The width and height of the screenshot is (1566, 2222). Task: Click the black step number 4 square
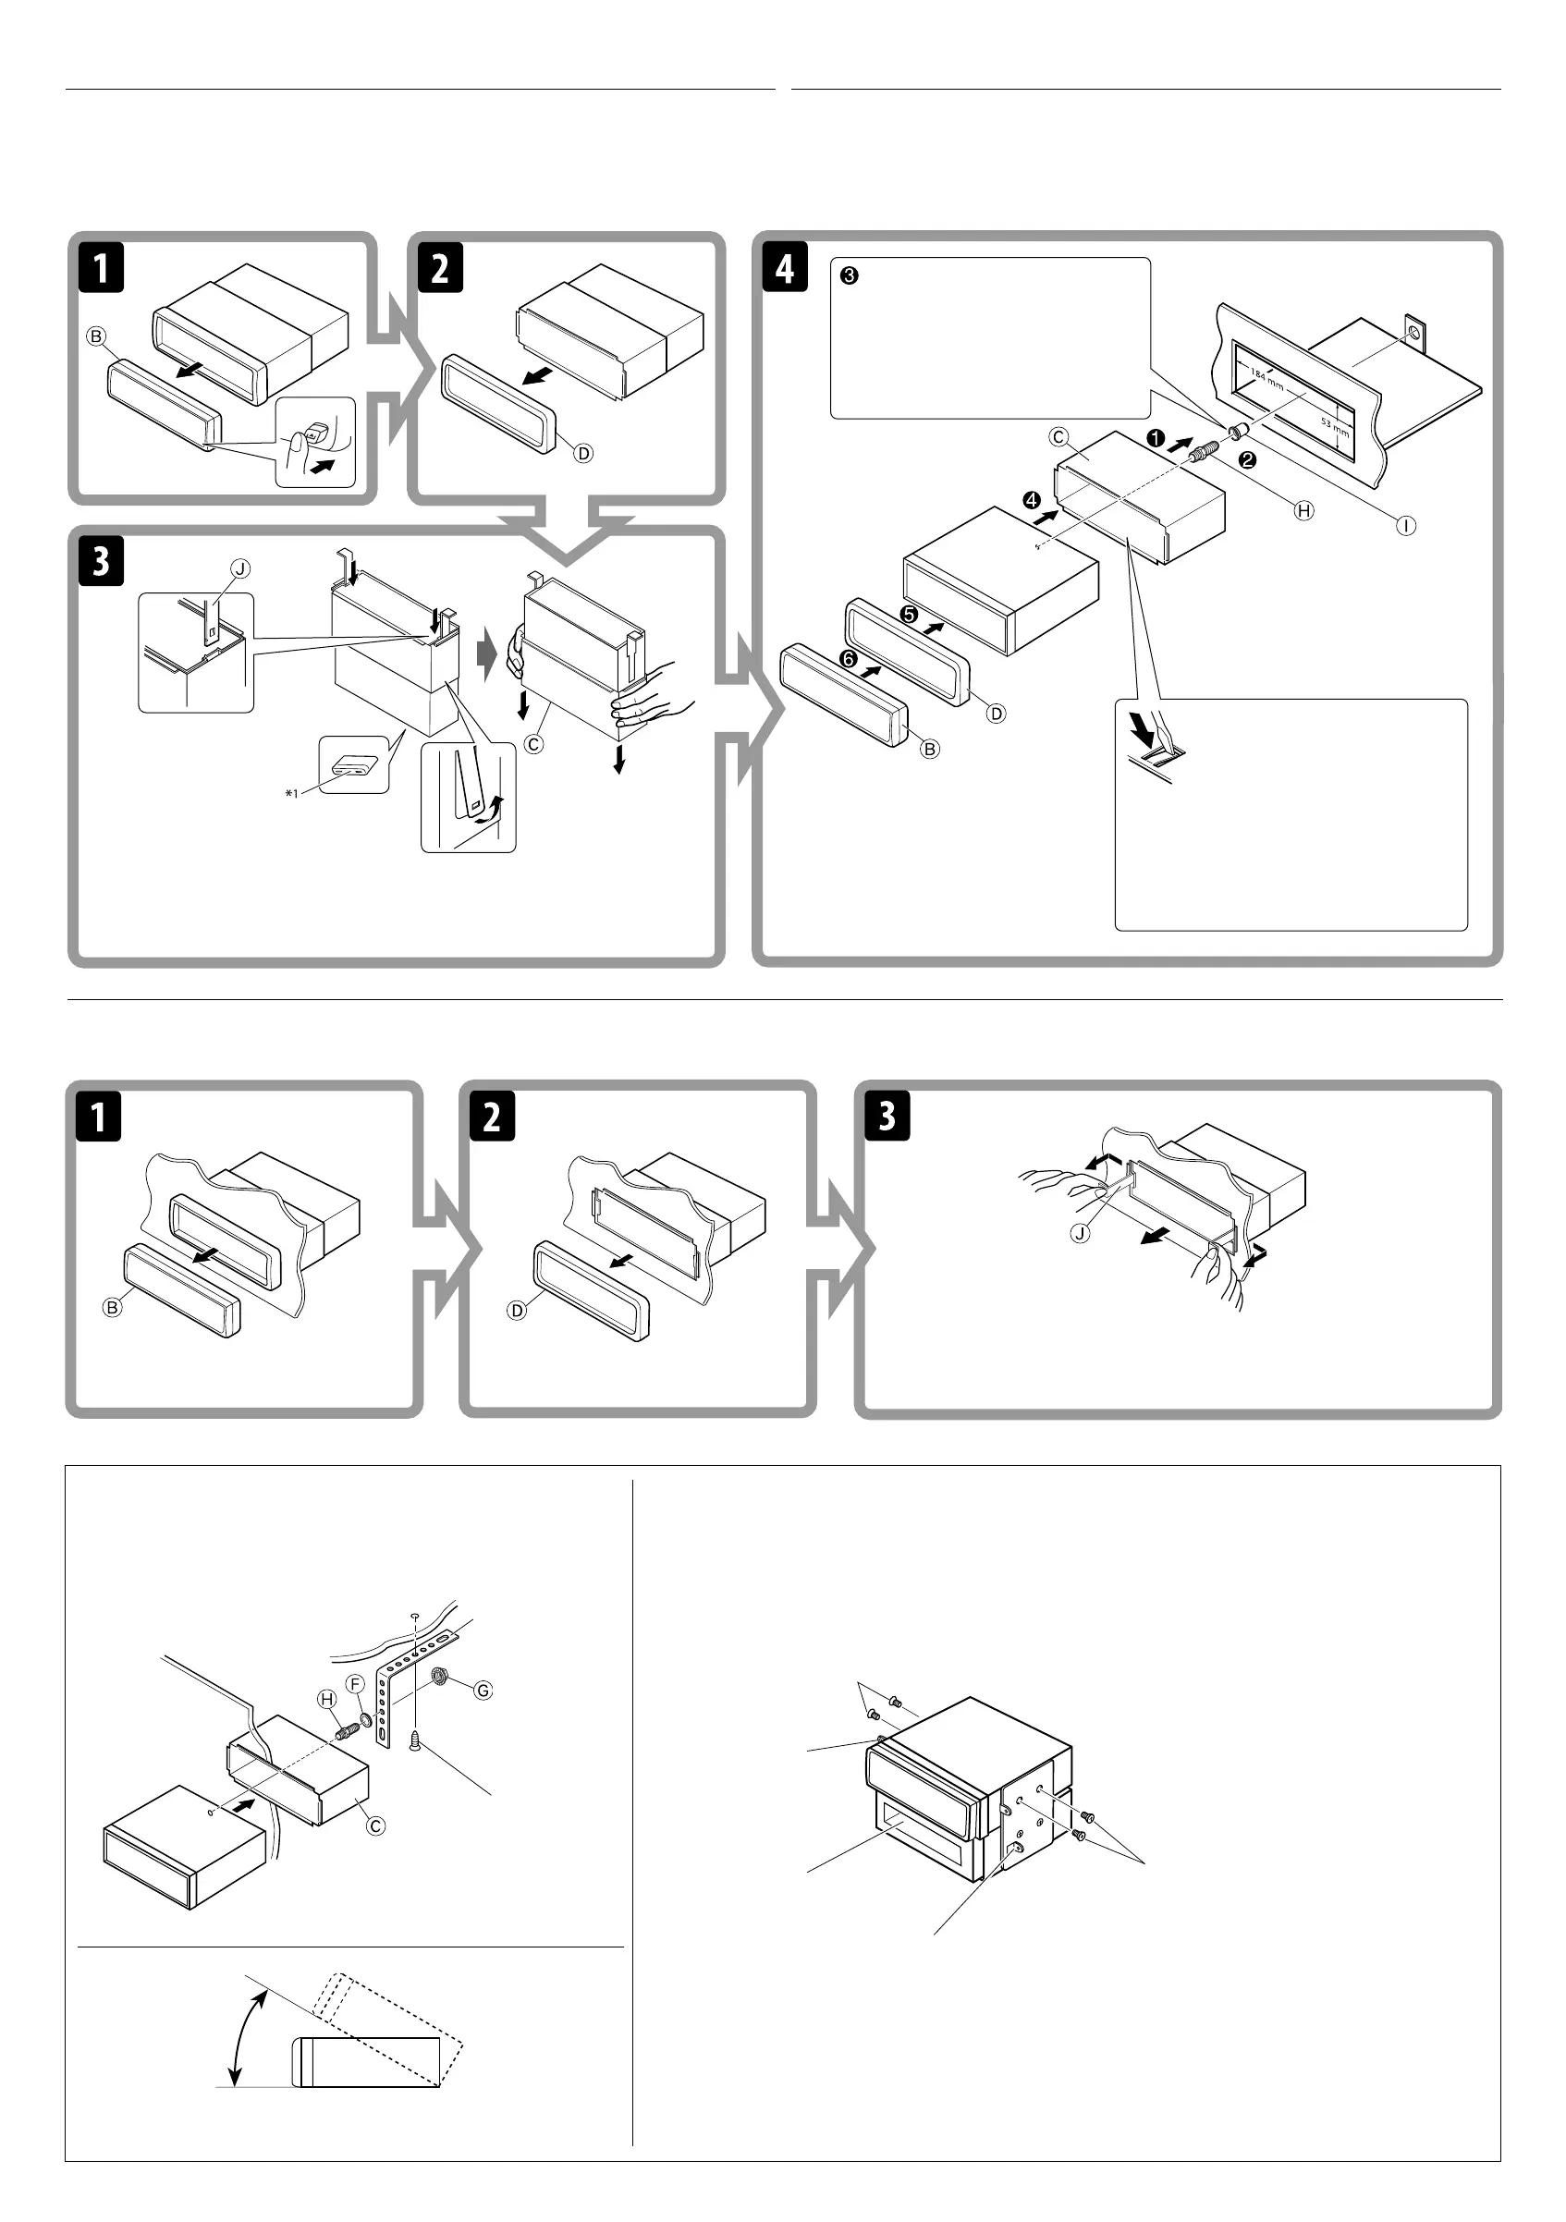click(784, 268)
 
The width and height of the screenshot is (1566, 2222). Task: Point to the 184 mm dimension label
click(1266, 379)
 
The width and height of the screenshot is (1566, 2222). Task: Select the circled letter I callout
click(1405, 526)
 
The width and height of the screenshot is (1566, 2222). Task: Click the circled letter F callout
click(355, 1684)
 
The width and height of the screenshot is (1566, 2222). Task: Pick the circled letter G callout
click(483, 1690)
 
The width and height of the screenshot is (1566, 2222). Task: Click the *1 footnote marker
click(291, 794)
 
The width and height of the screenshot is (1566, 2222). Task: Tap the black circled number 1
click(1156, 438)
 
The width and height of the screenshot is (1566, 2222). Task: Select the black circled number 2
click(1248, 460)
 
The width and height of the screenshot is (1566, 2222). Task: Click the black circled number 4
click(1032, 500)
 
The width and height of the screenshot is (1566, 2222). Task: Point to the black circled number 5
click(908, 615)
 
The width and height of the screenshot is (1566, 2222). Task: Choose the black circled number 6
click(849, 659)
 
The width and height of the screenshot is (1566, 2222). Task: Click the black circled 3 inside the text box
click(849, 275)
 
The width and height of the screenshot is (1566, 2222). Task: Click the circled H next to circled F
click(327, 1700)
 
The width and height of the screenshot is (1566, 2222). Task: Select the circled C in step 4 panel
click(1058, 437)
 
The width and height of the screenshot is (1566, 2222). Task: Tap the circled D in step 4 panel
click(996, 714)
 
